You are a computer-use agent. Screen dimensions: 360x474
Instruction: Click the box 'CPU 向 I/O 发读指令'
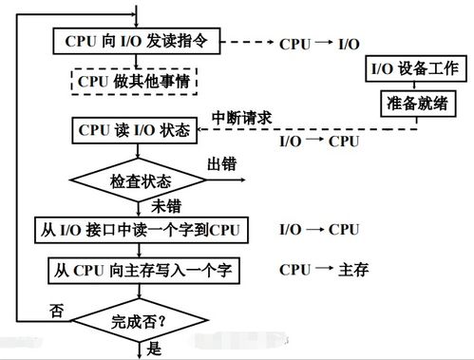tap(139, 44)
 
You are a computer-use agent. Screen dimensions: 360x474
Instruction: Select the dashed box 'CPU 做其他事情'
tap(139, 84)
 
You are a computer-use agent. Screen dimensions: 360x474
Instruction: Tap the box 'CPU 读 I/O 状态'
tap(133, 130)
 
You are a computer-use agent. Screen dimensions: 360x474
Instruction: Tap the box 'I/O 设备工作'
tap(414, 69)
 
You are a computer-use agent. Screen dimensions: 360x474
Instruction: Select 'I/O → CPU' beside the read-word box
tap(319, 230)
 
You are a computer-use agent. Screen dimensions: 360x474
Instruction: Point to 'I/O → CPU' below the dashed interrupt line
tap(319, 142)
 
